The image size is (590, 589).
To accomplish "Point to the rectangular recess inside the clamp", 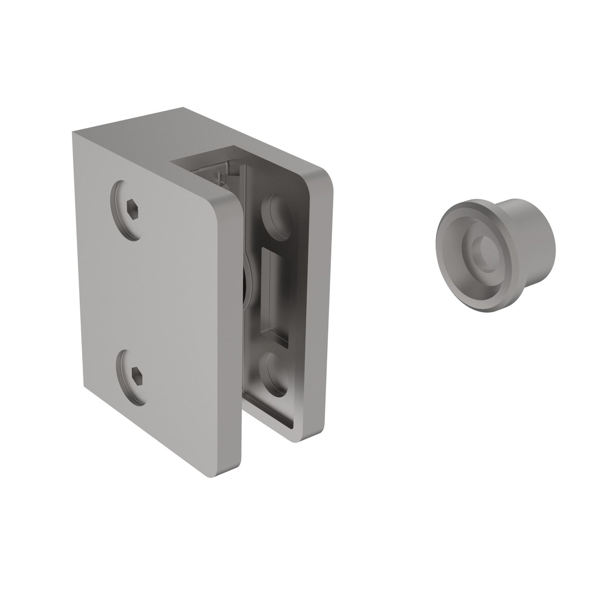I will point(275,291).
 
